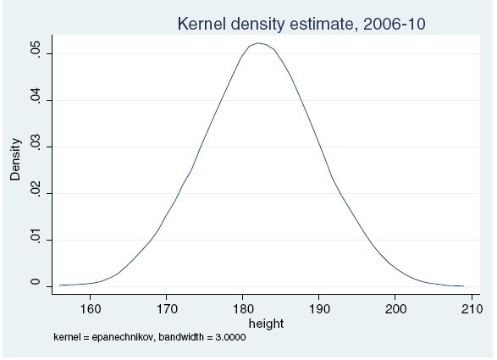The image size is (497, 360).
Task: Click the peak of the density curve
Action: coord(258,43)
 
